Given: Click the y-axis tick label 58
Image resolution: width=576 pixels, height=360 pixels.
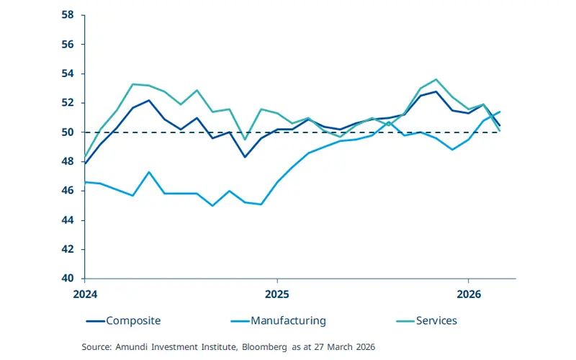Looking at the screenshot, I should [x=69, y=14].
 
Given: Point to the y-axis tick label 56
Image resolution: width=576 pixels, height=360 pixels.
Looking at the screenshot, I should [x=69, y=44].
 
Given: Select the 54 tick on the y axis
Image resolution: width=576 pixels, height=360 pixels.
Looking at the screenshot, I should [x=69, y=73].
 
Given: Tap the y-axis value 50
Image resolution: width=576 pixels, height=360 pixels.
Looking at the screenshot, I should [x=69, y=132].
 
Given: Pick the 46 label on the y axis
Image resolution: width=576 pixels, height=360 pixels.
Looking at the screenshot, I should [x=69, y=191].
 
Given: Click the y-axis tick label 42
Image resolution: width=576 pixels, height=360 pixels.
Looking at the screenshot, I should [x=69, y=249].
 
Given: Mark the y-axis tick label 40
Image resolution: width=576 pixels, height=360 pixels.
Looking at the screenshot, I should [x=69, y=279].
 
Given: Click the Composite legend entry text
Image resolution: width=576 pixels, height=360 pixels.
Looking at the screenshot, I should [x=133, y=320].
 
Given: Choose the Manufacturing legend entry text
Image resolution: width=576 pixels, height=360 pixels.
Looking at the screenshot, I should [x=288, y=320].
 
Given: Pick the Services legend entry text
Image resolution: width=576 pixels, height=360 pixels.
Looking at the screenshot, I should [x=436, y=320].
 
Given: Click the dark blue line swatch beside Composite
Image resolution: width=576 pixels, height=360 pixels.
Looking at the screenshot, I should [x=95, y=320].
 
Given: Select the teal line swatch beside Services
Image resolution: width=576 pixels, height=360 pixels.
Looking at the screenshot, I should [x=405, y=320].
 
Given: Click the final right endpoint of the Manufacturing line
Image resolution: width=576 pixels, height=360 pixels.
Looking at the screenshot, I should [x=500, y=112].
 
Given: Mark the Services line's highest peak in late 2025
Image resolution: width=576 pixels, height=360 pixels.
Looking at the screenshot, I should [x=436, y=79].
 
